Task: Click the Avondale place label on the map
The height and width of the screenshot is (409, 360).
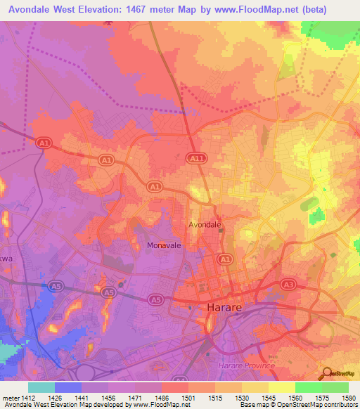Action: point(205,225)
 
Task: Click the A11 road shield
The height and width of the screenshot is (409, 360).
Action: point(196,160)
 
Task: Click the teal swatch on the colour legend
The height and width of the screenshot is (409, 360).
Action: point(41,387)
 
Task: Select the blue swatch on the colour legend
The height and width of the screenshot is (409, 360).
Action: point(67,387)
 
